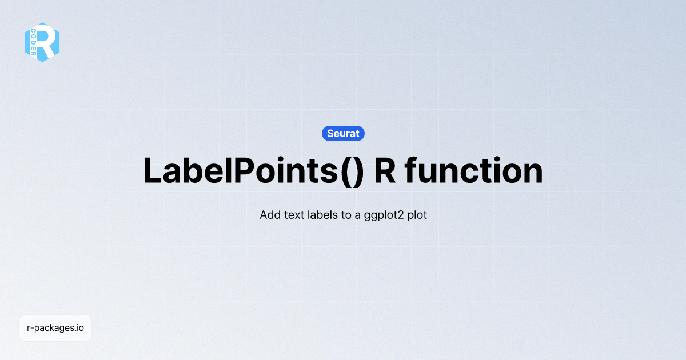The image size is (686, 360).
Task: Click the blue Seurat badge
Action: (x=343, y=133)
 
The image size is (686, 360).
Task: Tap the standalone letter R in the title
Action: (x=385, y=170)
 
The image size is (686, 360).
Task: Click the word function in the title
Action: (x=474, y=170)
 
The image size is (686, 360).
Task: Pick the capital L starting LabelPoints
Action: (x=151, y=170)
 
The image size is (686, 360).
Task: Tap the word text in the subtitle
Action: (x=294, y=215)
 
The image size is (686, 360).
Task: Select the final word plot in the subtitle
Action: (x=417, y=215)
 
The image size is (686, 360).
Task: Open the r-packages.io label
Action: (x=55, y=328)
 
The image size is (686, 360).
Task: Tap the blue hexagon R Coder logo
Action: (x=42, y=42)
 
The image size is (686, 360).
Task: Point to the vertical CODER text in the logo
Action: (x=34, y=42)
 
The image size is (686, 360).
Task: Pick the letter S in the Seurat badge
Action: (x=330, y=133)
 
